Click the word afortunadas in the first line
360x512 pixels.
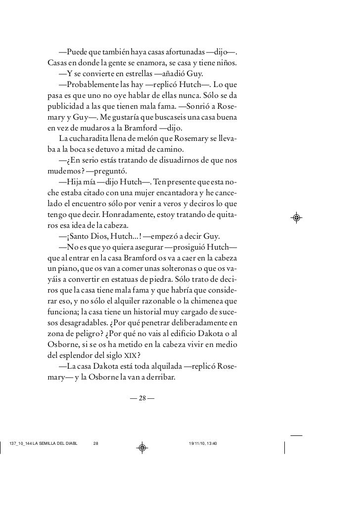click(183, 53)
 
